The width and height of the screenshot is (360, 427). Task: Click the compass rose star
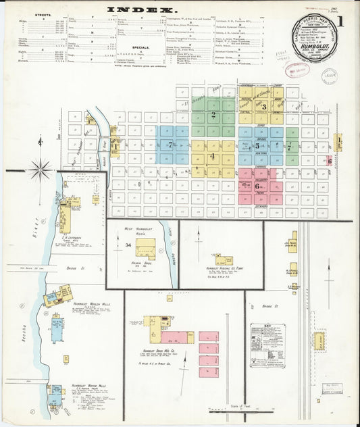[40, 169]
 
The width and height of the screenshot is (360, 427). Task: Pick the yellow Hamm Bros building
[145, 249]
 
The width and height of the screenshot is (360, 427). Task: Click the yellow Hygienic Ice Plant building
[224, 259]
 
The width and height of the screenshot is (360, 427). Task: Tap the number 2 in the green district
[213, 115]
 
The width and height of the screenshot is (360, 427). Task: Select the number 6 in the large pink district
[257, 185]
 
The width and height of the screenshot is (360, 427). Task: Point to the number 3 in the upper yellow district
[264, 107]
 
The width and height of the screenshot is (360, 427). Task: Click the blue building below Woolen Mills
[57, 330]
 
